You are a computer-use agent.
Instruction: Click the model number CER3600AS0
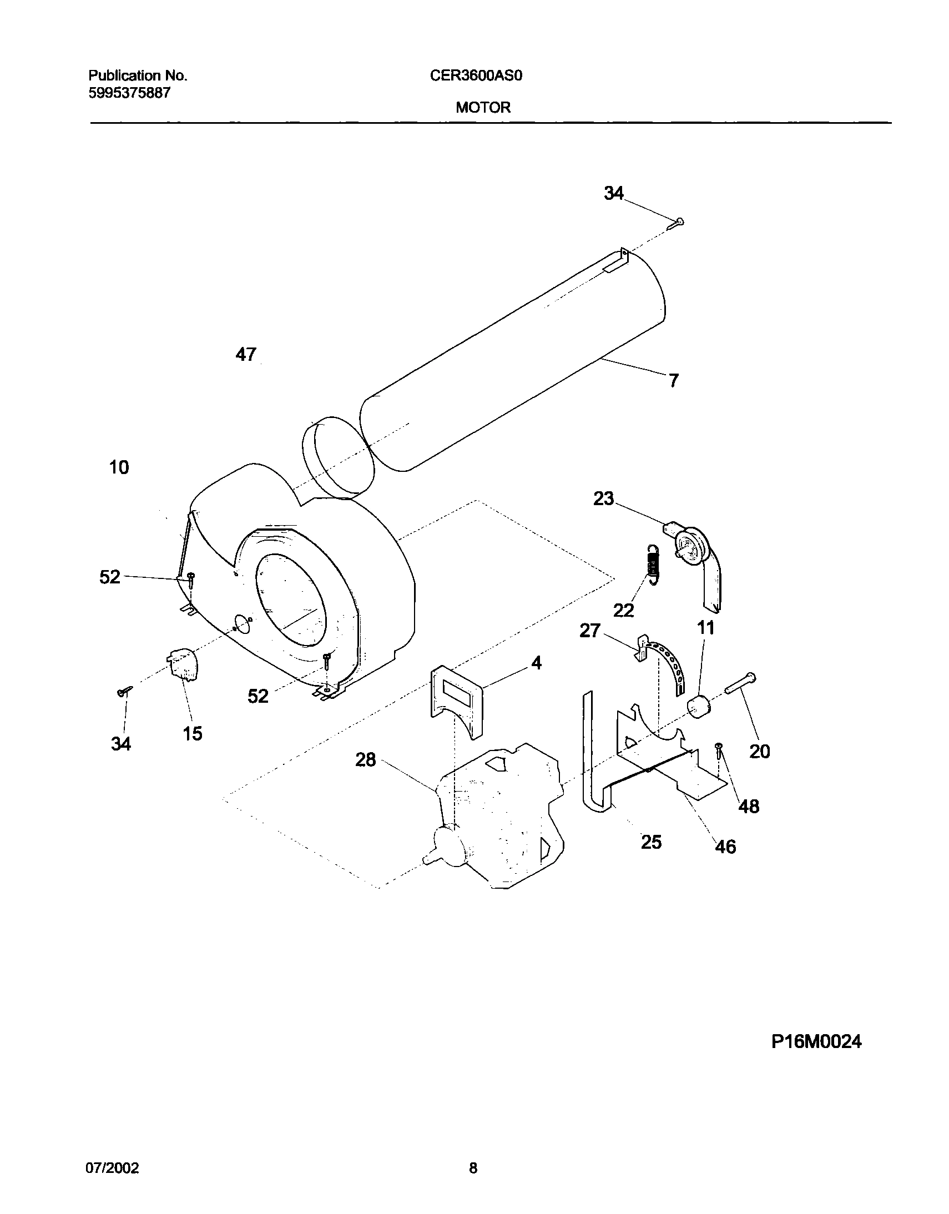(476, 75)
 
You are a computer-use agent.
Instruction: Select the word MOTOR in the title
(483, 108)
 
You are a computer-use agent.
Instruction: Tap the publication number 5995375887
(129, 93)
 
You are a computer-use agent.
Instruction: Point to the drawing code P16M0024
(816, 1041)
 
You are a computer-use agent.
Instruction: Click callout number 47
(246, 354)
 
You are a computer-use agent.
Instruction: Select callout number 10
(119, 467)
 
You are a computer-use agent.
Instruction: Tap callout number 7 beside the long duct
(673, 381)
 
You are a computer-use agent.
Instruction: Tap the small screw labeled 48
(720, 751)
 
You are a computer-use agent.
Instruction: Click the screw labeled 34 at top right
(677, 223)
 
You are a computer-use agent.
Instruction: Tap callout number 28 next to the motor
(366, 759)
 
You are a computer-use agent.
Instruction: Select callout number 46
(725, 847)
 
